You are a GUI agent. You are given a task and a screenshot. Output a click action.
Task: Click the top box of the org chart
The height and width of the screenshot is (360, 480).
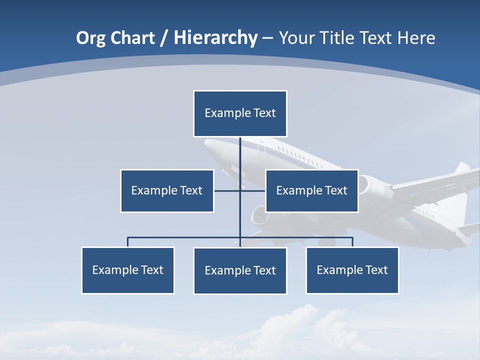tap(240, 113)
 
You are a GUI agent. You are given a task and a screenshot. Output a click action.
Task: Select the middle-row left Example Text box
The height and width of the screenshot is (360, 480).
tap(167, 190)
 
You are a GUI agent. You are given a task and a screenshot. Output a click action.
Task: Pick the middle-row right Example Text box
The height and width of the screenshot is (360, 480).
tap(311, 190)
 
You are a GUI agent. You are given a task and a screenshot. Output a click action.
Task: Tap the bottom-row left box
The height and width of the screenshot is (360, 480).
tap(128, 270)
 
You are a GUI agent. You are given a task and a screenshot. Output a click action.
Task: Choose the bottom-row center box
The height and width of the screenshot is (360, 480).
tap(240, 270)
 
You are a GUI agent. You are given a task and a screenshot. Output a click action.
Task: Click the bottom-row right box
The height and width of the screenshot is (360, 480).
tap(352, 270)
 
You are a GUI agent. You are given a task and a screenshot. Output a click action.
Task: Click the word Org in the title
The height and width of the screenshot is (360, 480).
tap(90, 38)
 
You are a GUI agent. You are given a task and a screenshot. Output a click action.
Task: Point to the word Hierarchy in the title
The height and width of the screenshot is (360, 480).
tap(215, 38)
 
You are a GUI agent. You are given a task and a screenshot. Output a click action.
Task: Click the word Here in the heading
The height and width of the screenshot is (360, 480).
tap(416, 38)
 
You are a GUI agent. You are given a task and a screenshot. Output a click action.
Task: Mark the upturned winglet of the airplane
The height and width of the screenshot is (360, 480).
tap(462, 168)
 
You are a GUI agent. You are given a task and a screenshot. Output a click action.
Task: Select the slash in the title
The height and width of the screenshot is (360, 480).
tap(164, 38)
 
